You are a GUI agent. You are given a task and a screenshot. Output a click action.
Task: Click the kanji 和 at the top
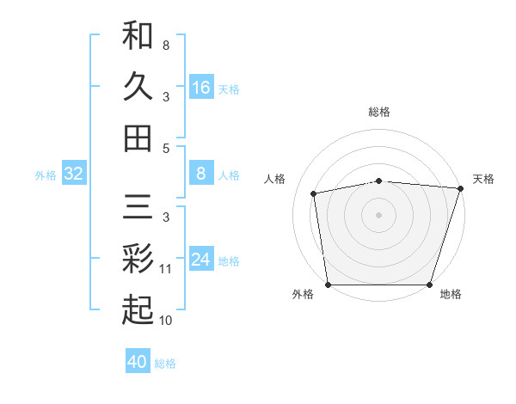[138, 35]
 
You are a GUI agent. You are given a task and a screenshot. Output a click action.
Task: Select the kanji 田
[138, 137]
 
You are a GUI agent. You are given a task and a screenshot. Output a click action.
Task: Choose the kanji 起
[138, 309]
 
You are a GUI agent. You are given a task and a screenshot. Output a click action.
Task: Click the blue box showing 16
[201, 87]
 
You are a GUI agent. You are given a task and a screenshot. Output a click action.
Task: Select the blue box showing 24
[201, 260]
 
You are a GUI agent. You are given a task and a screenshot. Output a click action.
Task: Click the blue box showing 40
[138, 362]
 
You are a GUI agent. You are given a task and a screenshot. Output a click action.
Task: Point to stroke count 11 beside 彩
[166, 269]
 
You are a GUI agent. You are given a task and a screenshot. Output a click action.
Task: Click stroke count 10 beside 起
[166, 321]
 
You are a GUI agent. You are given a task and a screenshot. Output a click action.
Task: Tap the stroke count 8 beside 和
[166, 45]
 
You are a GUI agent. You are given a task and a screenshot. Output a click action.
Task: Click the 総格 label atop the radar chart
[379, 112]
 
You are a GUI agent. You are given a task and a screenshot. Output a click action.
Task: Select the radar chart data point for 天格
[460, 188]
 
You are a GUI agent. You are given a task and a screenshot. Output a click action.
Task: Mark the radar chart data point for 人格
[315, 193]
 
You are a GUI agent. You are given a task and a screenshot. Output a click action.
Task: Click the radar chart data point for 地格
[429, 285]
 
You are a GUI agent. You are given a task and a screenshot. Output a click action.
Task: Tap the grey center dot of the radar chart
[379, 215]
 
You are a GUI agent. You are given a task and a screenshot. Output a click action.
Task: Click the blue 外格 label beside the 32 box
[46, 175]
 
